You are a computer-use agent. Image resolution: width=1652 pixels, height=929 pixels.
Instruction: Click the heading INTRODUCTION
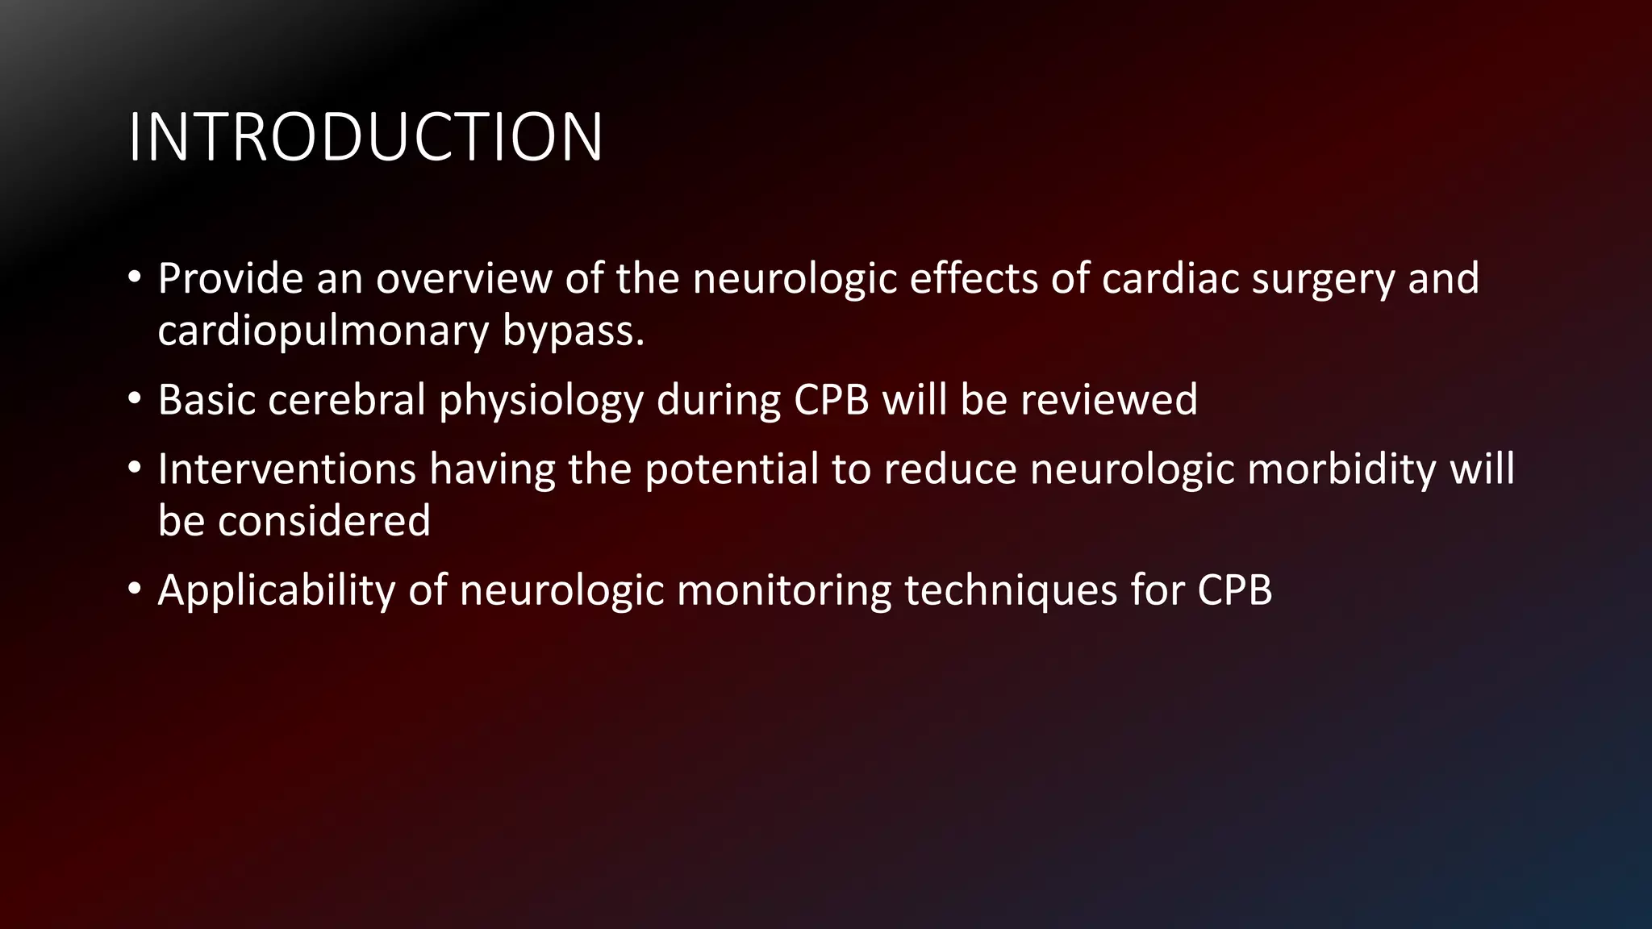(x=365, y=137)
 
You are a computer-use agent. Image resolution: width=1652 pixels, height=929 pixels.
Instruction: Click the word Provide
(x=230, y=278)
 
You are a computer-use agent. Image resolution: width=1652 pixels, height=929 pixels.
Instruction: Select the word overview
(x=463, y=278)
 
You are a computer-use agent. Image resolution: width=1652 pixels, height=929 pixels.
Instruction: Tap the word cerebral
(x=347, y=400)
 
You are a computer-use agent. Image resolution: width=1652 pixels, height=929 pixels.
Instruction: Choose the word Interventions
(x=286, y=469)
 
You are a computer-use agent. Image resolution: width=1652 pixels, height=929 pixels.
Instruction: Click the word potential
(x=732, y=470)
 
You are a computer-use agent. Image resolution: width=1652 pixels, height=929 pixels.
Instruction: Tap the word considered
(x=323, y=521)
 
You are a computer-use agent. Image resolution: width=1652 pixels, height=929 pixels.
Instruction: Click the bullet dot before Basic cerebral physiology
(x=135, y=399)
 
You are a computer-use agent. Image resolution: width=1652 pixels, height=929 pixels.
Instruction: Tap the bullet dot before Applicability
(x=135, y=589)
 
